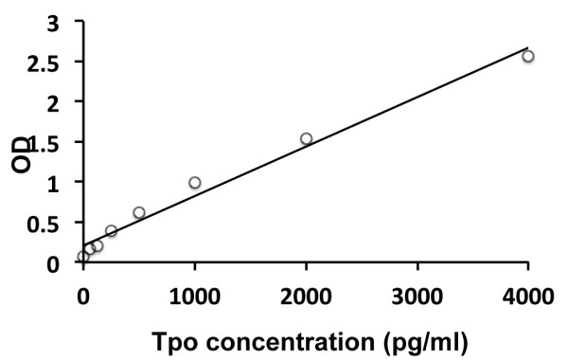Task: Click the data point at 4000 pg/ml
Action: tap(528, 56)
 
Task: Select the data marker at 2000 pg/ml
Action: tap(306, 138)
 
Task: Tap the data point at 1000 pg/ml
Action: tap(195, 183)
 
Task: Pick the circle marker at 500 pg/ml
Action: tap(139, 212)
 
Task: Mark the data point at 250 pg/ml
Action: tap(112, 230)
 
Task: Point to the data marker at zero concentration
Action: tap(83, 257)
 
